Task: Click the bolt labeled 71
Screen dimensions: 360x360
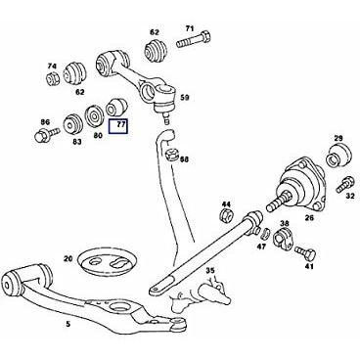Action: pyautogui.click(x=194, y=40)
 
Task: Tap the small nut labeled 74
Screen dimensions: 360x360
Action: pyautogui.click(x=52, y=78)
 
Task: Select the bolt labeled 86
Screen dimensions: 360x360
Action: pyautogui.click(x=47, y=134)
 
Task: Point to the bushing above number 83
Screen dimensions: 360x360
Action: pyautogui.click(x=71, y=123)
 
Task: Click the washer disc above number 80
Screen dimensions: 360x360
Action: pyautogui.click(x=93, y=115)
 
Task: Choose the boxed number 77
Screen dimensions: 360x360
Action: pyautogui.click(x=118, y=127)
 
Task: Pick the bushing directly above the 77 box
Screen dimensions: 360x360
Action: pyautogui.click(x=116, y=108)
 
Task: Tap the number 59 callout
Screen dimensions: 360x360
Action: pyautogui.click(x=185, y=98)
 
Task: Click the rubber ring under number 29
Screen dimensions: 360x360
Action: pyautogui.click(x=338, y=156)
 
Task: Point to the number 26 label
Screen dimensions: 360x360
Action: pyautogui.click(x=309, y=217)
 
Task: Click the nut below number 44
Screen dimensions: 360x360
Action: pyautogui.click(x=225, y=215)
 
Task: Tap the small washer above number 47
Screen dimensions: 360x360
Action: pyautogui.click(x=265, y=233)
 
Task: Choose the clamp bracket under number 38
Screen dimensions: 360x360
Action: pyautogui.click(x=284, y=238)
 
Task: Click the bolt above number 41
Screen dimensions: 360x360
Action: pyautogui.click(x=305, y=252)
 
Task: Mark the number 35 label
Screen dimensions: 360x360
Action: pyautogui.click(x=210, y=270)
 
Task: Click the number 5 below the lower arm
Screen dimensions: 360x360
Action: pyautogui.click(x=67, y=324)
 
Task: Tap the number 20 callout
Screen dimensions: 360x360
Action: pyautogui.click(x=67, y=259)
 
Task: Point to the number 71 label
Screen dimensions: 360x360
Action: pyautogui.click(x=190, y=28)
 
